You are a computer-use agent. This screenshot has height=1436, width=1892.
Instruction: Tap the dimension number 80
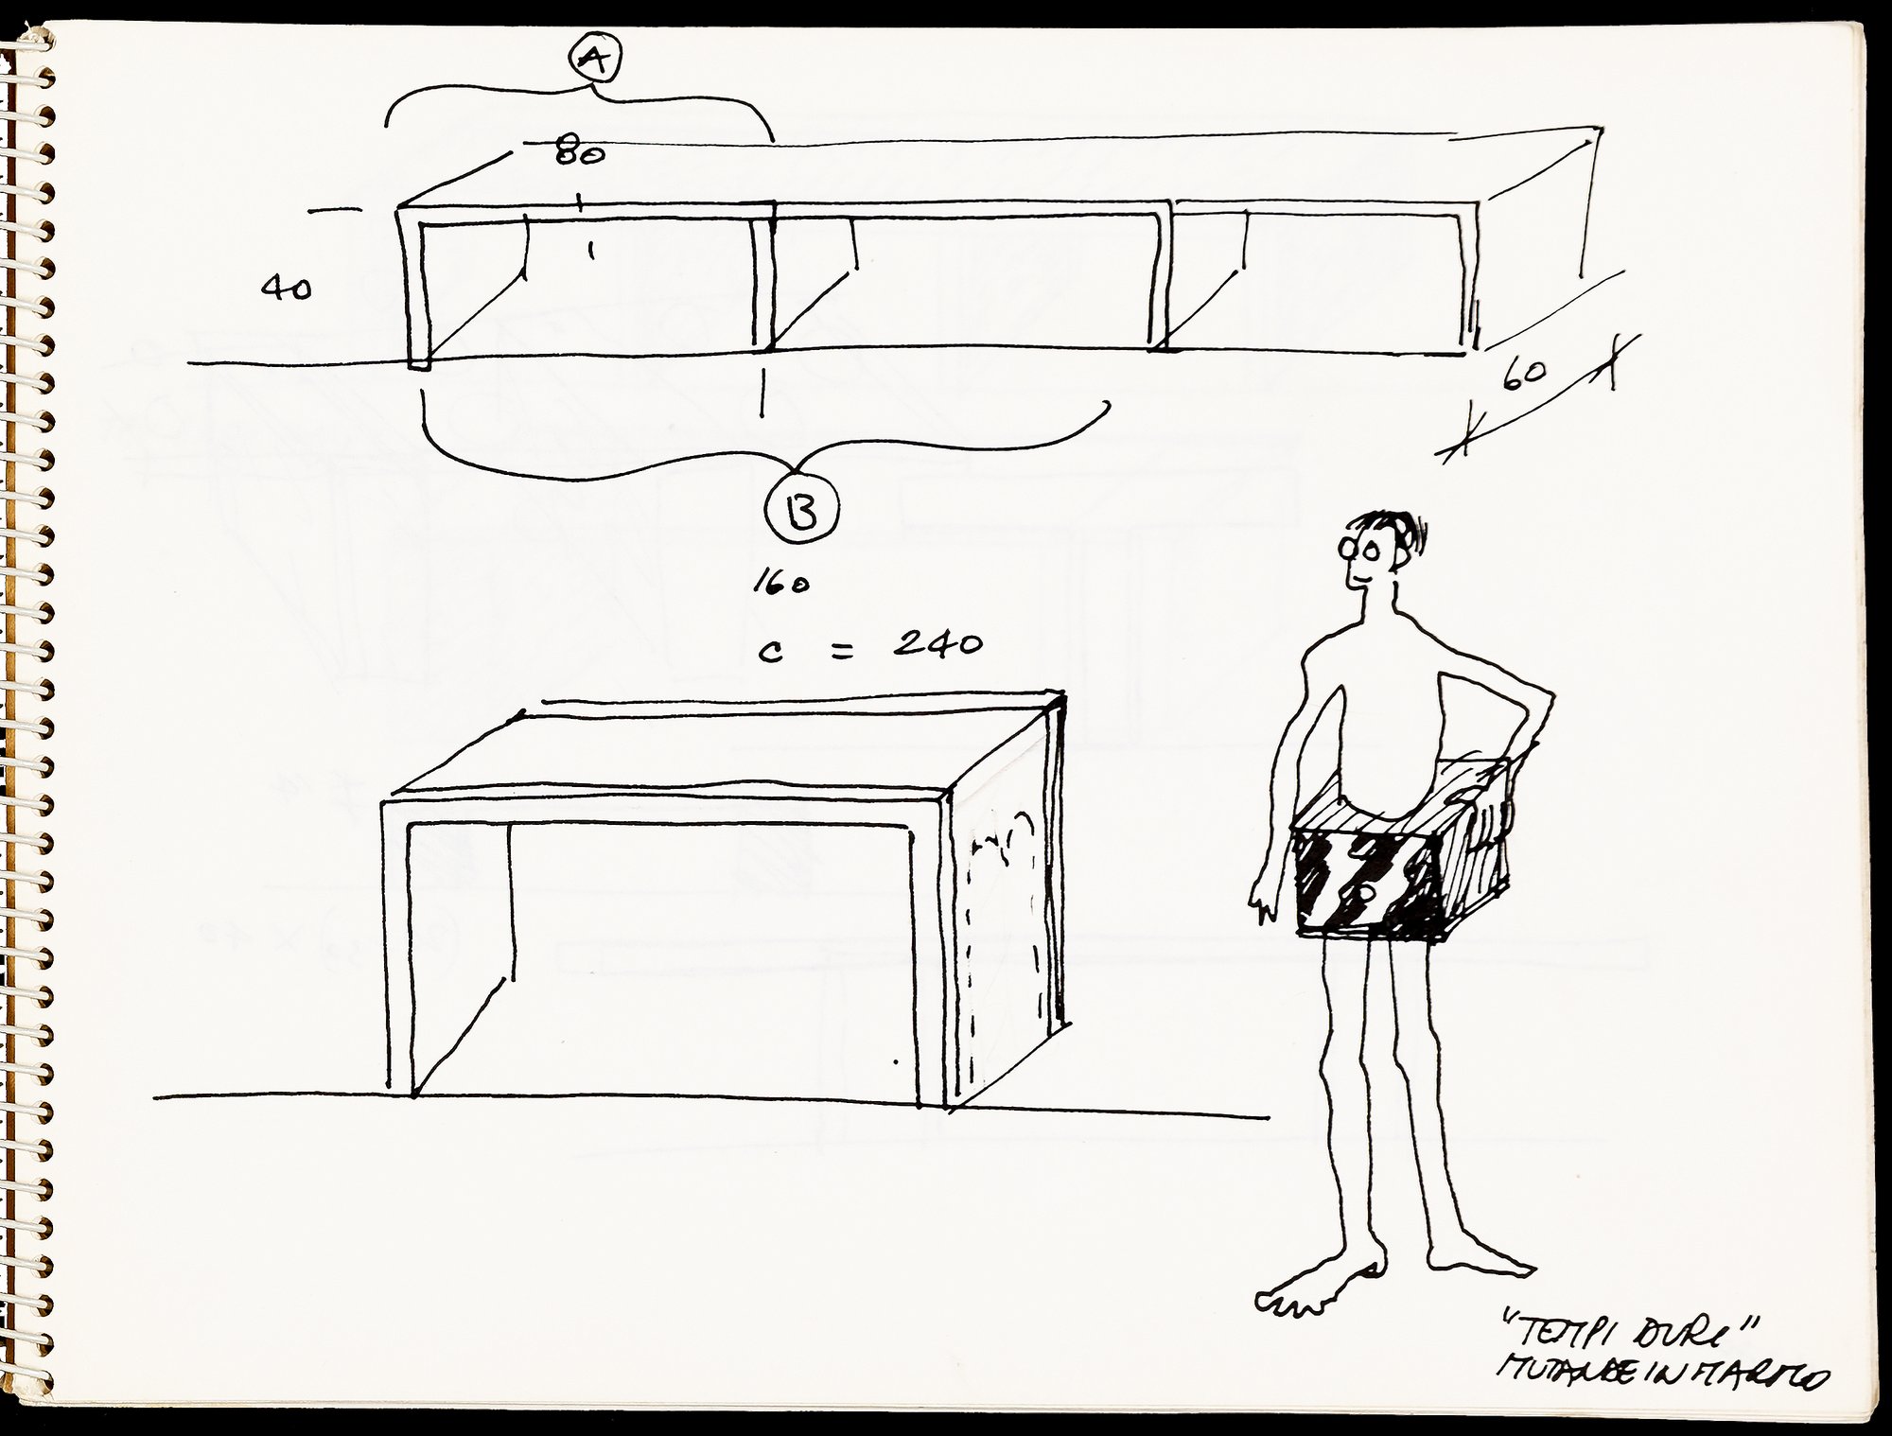pyautogui.click(x=579, y=150)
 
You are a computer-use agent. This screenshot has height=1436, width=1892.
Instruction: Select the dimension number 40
pyautogui.click(x=286, y=289)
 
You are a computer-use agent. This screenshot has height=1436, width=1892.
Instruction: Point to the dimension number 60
pyautogui.click(x=1523, y=375)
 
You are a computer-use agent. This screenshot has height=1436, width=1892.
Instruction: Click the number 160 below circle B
pyautogui.click(x=780, y=584)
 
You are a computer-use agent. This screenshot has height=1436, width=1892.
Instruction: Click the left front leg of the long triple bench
pyautogui.click(x=416, y=293)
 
